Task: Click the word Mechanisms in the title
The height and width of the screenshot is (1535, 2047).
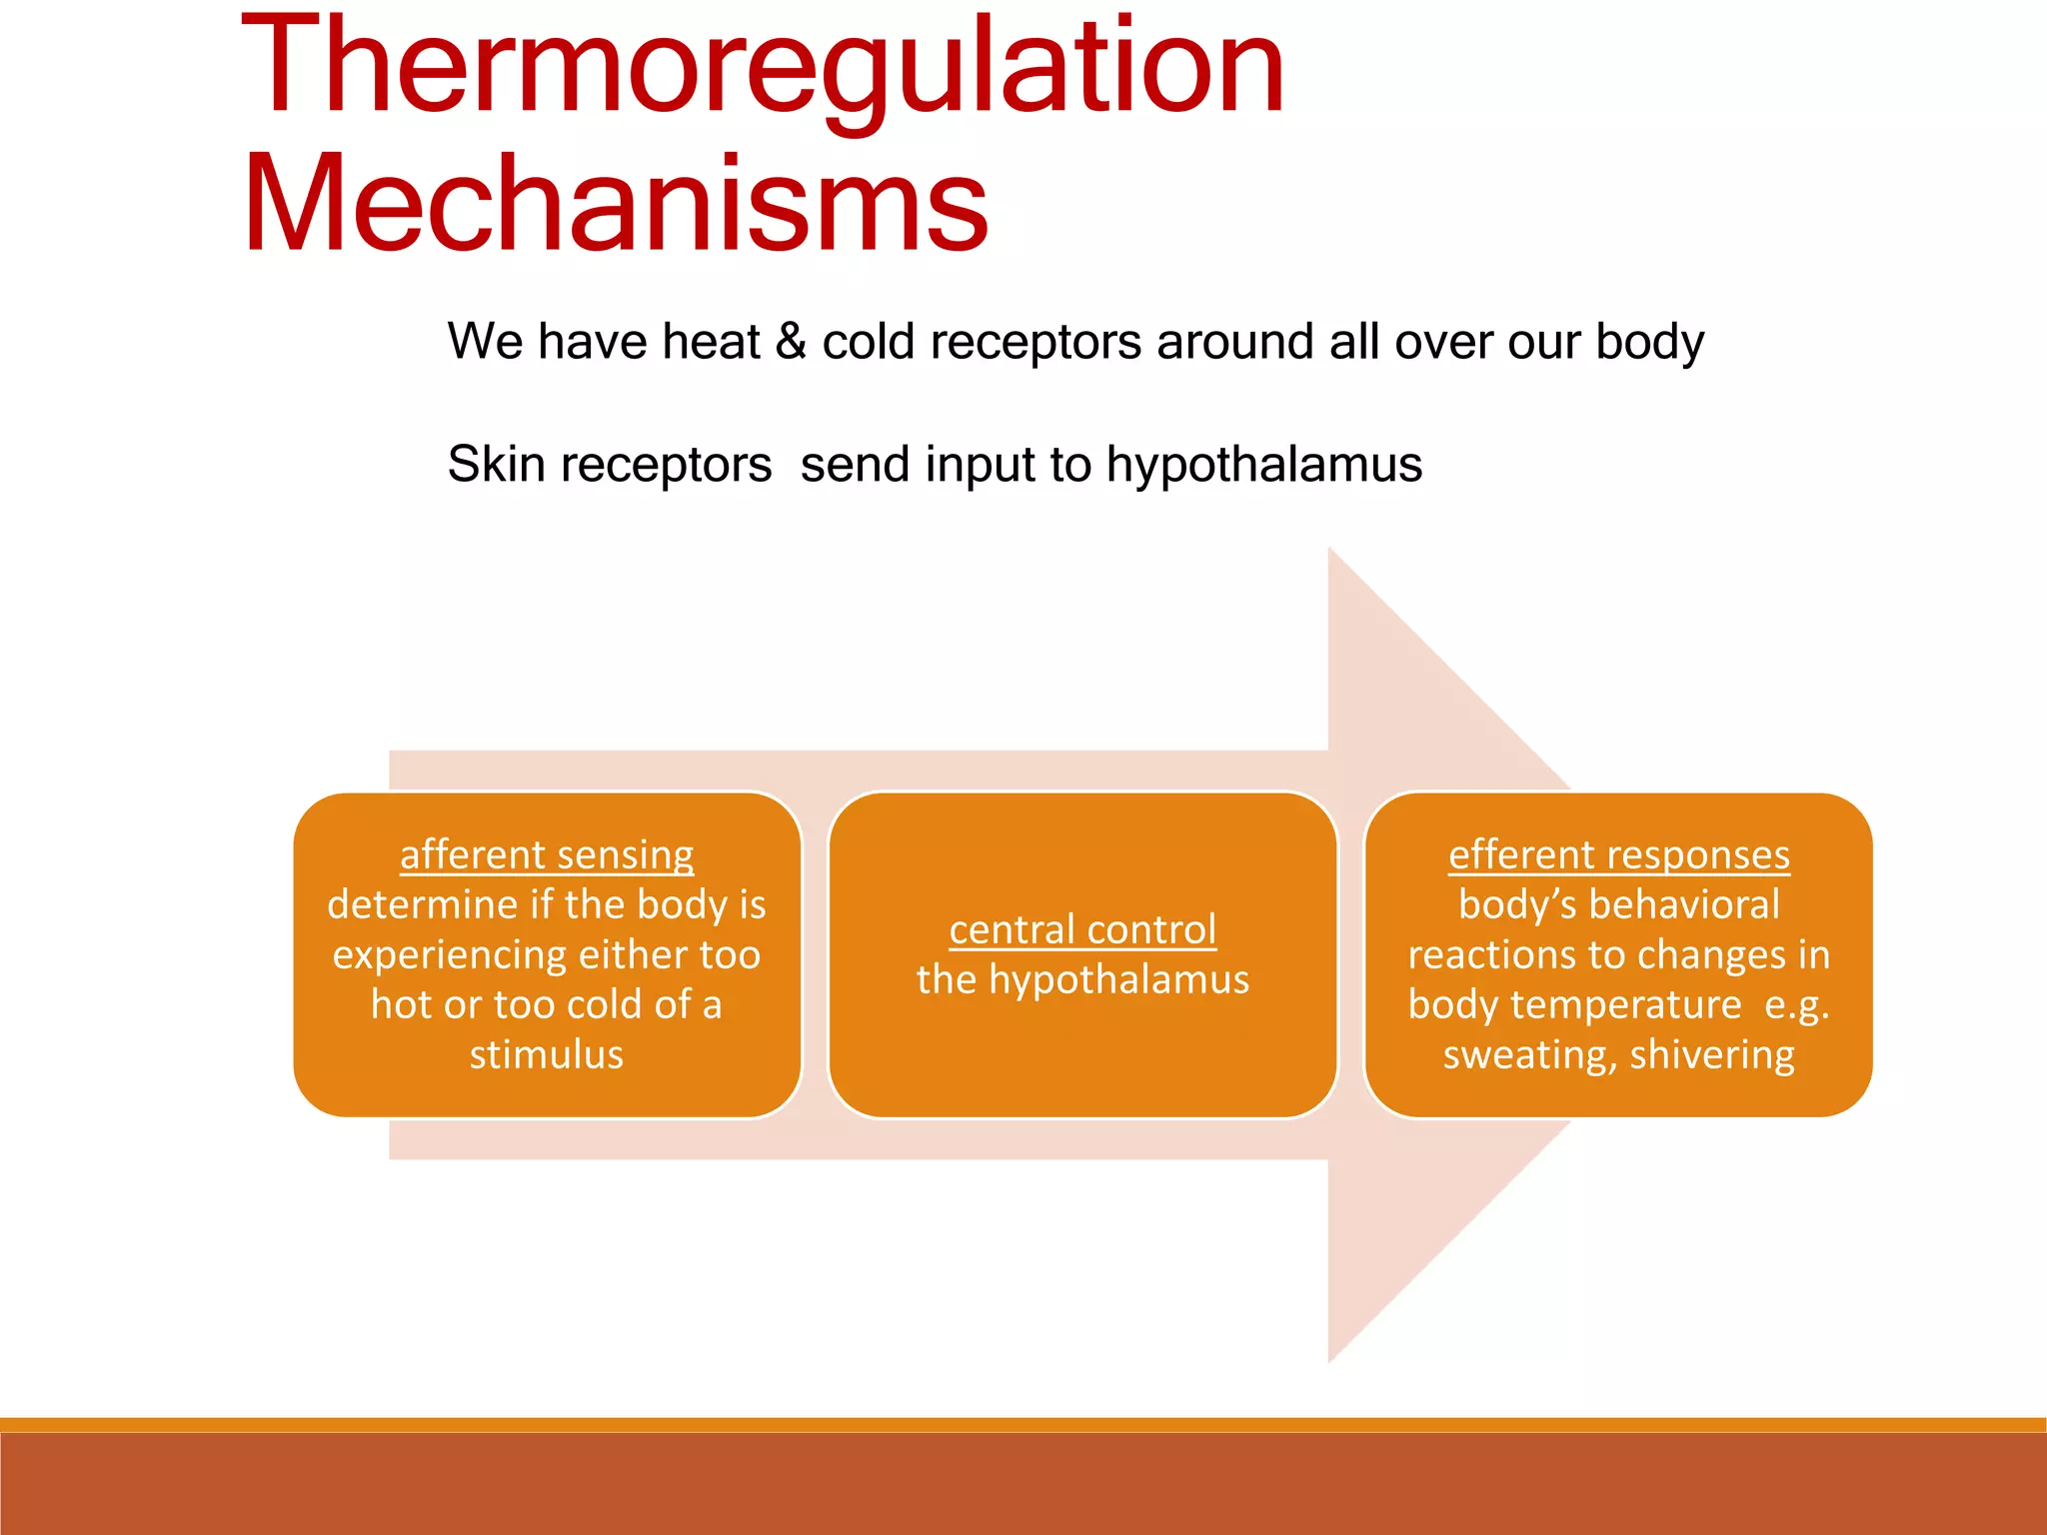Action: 615,205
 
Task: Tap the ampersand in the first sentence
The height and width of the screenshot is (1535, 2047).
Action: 791,342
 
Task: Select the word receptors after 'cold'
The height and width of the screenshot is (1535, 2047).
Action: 1036,343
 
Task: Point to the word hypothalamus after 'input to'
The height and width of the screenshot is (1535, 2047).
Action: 1263,465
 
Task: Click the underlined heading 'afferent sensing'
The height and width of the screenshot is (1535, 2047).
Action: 547,854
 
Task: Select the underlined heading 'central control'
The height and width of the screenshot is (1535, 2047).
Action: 1082,929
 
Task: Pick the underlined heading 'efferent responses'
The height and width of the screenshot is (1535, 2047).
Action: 1618,854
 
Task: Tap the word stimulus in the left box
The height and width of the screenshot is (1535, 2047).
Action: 547,1055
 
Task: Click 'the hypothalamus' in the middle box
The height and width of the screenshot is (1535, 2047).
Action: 1082,979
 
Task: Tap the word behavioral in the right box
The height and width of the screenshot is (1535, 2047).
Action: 1684,904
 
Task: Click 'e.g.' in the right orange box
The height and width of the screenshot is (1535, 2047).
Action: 1796,1004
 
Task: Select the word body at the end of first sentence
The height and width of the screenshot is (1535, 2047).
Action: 1649,343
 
